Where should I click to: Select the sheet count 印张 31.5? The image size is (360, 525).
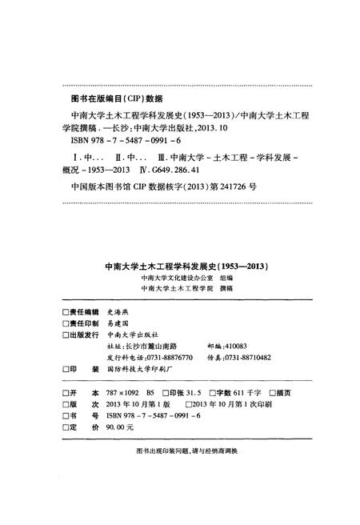click(x=186, y=394)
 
